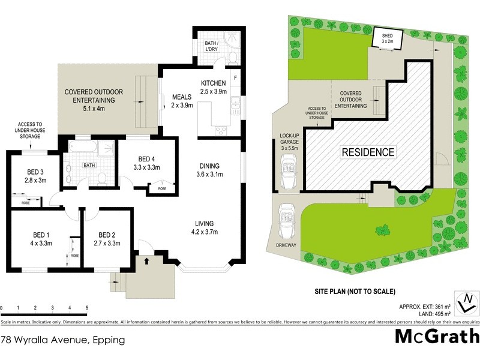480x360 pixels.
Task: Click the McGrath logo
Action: [436, 337]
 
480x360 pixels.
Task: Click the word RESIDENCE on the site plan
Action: [368, 152]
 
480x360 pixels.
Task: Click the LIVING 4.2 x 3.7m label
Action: [204, 227]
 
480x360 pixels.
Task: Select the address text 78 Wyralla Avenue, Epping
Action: [62, 340]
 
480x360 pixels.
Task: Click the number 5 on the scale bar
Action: [87, 308]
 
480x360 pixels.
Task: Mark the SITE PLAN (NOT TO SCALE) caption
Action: [355, 292]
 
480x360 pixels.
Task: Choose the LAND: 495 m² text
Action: [424, 314]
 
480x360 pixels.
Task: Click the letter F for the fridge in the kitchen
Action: [236, 79]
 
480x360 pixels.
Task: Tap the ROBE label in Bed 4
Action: [162, 188]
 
